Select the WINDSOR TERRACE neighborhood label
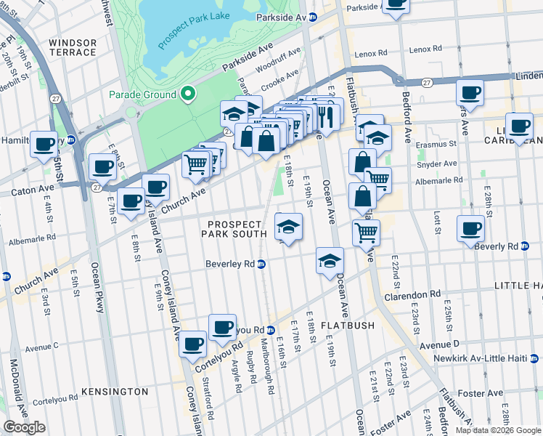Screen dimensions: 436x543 (x=73, y=48)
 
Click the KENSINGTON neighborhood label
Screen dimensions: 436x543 (x=115, y=392)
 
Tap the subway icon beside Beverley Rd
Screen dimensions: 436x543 (x=261, y=264)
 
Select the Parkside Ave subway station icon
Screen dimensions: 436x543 (x=313, y=17)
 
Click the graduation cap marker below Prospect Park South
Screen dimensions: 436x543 (x=288, y=226)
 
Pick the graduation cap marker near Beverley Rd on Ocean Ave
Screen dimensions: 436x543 (x=330, y=260)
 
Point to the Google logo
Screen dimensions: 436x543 (x=24, y=427)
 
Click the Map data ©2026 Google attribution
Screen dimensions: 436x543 (x=497, y=430)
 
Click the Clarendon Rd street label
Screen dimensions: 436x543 (x=415, y=294)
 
